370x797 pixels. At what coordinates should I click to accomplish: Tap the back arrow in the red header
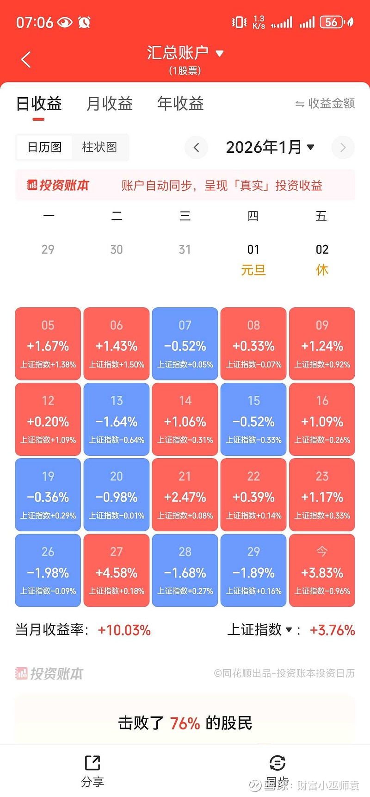[x=26, y=59]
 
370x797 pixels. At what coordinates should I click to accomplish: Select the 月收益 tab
[x=110, y=104]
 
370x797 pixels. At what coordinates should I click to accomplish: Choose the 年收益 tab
[x=180, y=104]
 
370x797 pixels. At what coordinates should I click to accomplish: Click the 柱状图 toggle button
[x=99, y=147]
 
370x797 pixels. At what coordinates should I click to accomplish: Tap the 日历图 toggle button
[x=44, y=147]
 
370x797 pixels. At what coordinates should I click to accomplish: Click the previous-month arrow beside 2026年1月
[x=196, y=148]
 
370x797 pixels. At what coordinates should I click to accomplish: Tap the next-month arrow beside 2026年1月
[x=343, y=148]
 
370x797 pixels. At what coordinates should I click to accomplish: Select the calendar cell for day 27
[x=117, y=570]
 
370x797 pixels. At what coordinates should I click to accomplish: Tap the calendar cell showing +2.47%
[x=185, y=495]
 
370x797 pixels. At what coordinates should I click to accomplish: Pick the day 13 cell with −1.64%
[x=117, y=419]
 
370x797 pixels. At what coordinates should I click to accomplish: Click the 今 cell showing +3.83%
[x=322, y=570]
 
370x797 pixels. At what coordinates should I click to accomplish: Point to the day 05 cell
[x=48, y=344]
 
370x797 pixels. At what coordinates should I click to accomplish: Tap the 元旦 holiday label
[x=253, y=270]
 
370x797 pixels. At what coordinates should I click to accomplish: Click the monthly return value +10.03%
[x=124, y=630]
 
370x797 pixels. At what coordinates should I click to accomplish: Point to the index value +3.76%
[x=332, y=630]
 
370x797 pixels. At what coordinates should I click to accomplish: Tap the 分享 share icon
[x=92, y=763]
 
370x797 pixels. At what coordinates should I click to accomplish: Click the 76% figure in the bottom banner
[x=185, y=723]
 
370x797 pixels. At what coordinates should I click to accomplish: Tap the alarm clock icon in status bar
[x=84, y=22]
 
